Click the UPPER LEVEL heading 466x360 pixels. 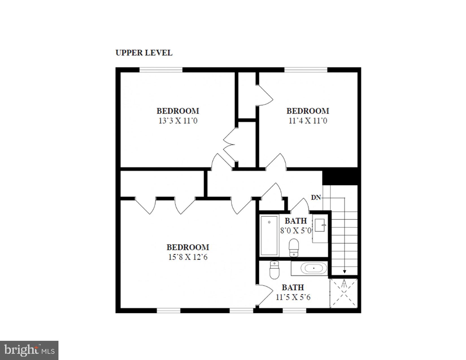(x=144, y=53)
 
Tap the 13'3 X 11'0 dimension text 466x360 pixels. (x=178, y=121)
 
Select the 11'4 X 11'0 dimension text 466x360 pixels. (x=308, y=121)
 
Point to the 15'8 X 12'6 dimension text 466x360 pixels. (x=188, y=257)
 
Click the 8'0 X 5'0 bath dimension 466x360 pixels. (x=295, y=231)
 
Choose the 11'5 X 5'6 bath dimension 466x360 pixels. (x=293, y=297)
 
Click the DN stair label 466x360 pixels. (x=316, y=198)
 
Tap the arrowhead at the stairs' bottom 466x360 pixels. (x=344, y=272)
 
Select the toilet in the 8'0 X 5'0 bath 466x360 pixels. (x=294, y=248)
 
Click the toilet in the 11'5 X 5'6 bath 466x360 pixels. (x=274, y=270)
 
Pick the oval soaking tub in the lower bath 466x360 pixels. (x=313, y=268)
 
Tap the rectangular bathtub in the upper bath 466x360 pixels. (x=269, y=236)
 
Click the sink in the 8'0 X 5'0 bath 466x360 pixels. (x=320, y=225)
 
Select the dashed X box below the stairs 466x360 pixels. (x=344, y=293)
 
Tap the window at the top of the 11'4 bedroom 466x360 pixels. (x=306, y=70)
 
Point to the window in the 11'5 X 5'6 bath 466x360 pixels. (x=294, y=311)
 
